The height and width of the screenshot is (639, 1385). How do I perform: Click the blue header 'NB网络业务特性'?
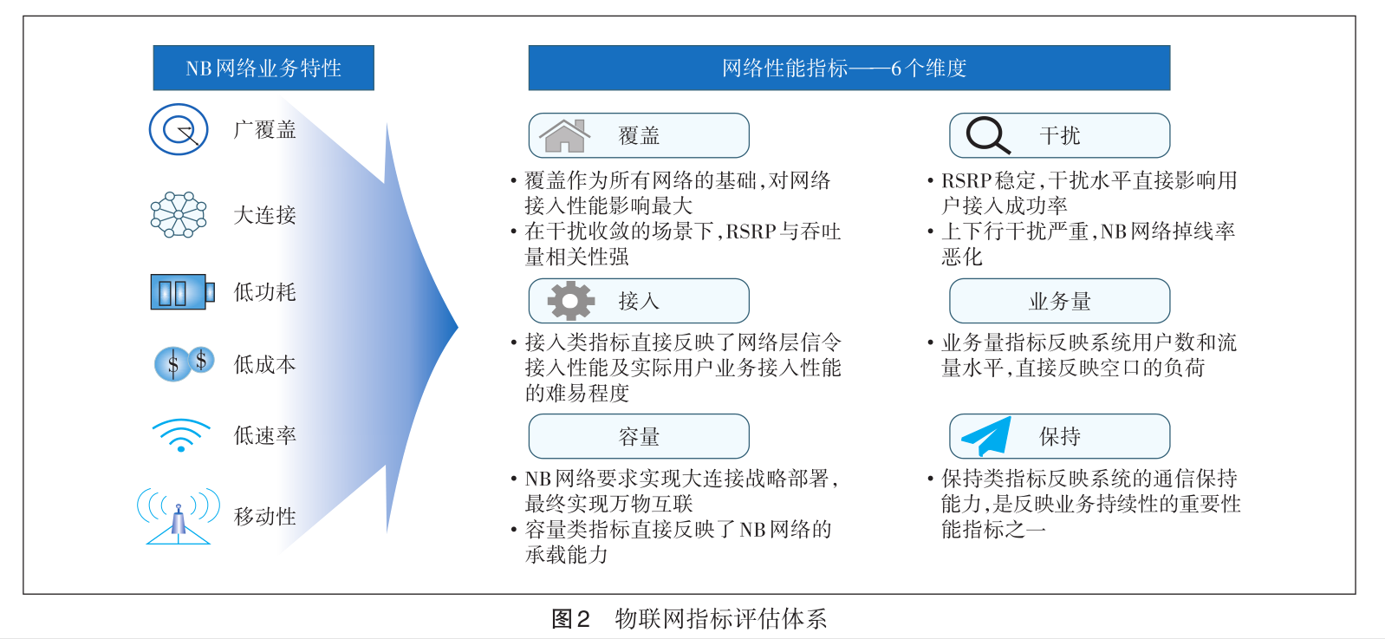263,68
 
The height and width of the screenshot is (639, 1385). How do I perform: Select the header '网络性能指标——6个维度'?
849,68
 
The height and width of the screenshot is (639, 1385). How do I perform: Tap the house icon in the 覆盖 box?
564,135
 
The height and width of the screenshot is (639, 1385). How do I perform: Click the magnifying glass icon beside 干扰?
987,135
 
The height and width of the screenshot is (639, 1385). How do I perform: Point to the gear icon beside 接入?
570,301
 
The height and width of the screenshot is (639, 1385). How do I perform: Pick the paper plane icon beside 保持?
986,436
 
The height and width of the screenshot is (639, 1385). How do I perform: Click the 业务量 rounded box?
1060,301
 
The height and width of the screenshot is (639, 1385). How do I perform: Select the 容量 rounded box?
639,437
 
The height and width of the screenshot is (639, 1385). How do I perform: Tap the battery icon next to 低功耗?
182,291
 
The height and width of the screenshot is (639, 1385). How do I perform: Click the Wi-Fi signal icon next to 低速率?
180,435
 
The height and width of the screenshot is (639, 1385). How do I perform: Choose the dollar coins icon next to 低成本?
184,363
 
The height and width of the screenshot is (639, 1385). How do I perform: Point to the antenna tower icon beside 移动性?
178,516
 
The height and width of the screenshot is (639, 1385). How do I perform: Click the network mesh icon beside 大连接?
179,215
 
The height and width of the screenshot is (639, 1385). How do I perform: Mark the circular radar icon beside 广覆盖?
179,129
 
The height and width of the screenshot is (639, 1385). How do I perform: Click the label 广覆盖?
264,130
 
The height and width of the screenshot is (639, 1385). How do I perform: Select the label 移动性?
264,517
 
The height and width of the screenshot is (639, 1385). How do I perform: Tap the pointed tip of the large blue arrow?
458,327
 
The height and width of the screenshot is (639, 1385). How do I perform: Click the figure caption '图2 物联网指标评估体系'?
689,618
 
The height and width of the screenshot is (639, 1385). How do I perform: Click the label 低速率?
264,436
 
